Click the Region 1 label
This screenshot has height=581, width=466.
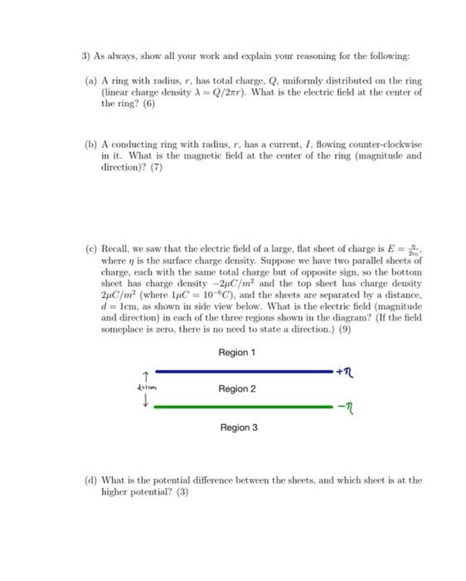click(237, 352)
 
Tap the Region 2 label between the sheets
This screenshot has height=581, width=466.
click(237, 388)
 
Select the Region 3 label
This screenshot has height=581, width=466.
click(239, 427)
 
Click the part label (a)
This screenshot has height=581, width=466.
click(91, 81)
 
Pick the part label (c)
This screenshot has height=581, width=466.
click(91, 248)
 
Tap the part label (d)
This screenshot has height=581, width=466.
click(91, 480)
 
